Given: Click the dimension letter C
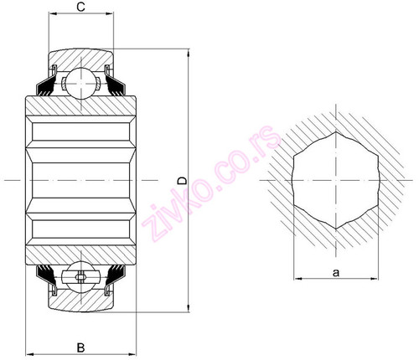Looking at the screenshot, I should click(80, 8).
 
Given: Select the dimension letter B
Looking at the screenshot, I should click(80, 346).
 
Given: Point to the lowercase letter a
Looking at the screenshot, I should click(335, 271).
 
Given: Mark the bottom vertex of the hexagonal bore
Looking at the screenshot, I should click(335, 229).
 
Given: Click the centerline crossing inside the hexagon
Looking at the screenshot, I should click(335, 179).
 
